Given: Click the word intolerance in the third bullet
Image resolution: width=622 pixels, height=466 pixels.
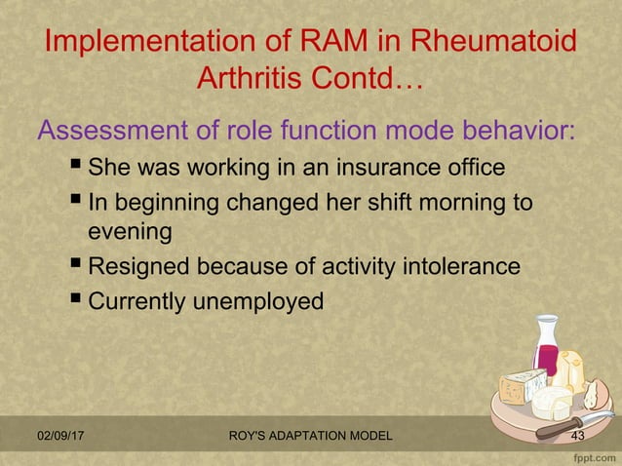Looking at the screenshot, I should pyautogui.click(x=460, y=266).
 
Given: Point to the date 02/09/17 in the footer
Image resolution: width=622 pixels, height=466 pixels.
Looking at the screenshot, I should pyautogui.click(x=59, y=436).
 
